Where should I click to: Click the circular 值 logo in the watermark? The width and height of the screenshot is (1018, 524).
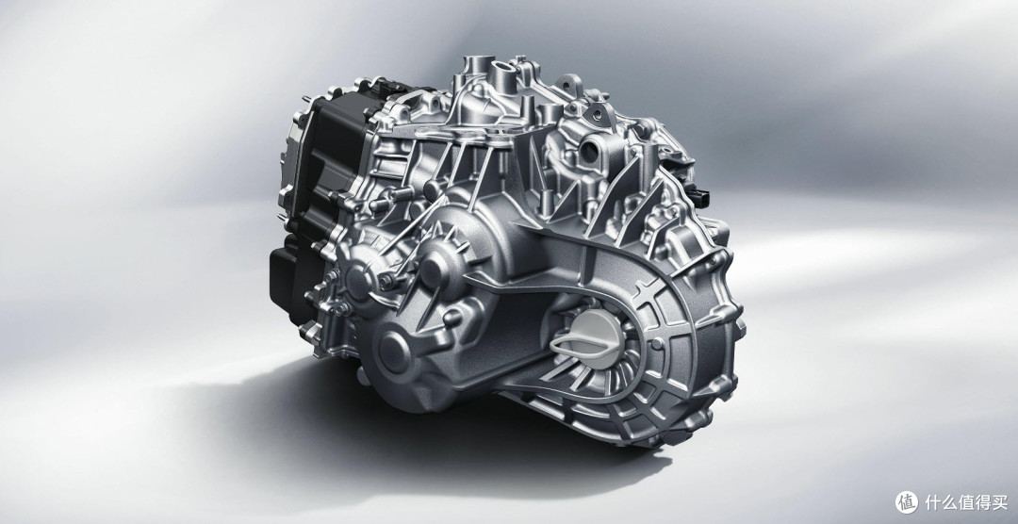[x=907, y=502]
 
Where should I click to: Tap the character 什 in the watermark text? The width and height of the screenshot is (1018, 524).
[x=933, y=502]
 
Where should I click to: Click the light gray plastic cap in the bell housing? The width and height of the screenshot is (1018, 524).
[x=587, y=338]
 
